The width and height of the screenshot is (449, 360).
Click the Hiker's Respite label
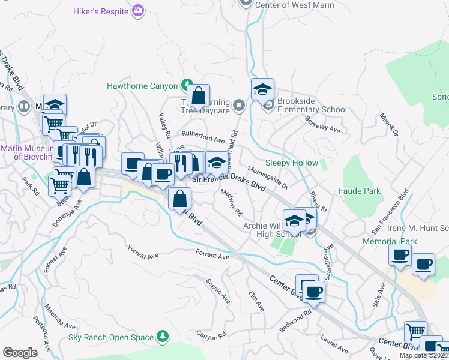(101, 11)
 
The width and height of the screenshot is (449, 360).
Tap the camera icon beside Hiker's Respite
(139, 11)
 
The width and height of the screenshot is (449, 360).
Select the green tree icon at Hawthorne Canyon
(187, 86)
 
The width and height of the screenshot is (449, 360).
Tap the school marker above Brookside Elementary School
(262, 91)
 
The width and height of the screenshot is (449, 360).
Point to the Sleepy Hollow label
(292, 163)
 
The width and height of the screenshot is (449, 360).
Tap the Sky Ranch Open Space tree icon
(161, 337)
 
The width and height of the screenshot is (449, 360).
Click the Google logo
(20, 352)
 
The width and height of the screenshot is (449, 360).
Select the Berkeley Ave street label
(322, 125)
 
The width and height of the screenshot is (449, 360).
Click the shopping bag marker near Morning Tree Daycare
(198, 95)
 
